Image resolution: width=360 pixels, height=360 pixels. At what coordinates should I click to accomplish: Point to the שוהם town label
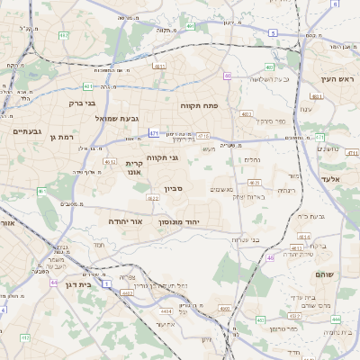323,274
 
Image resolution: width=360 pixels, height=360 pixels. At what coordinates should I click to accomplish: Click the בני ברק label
83,103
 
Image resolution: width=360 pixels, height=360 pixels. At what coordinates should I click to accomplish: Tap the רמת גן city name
59,137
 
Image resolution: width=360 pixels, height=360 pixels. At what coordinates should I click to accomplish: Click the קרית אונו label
134,168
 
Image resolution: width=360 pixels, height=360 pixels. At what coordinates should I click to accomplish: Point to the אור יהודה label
125,220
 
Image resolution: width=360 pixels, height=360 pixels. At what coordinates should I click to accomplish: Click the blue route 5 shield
272,32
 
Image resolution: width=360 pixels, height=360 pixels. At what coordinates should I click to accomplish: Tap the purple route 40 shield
228,76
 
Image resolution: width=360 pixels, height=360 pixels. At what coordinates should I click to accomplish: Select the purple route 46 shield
270,258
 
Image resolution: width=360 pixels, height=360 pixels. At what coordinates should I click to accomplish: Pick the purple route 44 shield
54,283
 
